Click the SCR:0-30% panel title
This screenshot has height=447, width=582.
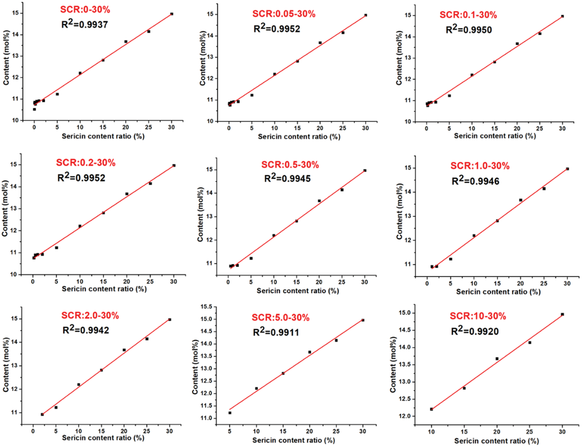click(85, 10)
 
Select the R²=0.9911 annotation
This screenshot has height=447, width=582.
click(276, 332)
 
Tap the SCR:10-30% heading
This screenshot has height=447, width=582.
click(477, 316)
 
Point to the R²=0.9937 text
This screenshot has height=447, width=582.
click(84, 24)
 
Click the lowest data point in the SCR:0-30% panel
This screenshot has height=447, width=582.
click(35, 109)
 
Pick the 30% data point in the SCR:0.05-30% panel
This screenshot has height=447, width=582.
click(365, 15)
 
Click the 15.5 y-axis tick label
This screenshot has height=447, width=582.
click(206, 307)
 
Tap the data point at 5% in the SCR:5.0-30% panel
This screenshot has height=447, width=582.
click(230, 413)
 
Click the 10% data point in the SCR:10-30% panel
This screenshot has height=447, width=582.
click(432, 409)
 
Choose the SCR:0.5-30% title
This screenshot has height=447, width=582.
click(290, 165)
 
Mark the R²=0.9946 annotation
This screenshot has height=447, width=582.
click(475, 181)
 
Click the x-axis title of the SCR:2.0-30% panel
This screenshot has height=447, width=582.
click(103, 438)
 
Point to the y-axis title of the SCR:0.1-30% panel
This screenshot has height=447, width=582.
click(399, 58)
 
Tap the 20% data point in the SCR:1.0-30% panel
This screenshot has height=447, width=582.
click(520, 200)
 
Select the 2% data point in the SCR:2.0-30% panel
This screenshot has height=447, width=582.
click(42, 415)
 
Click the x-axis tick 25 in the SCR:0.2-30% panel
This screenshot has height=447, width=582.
click(150, 282)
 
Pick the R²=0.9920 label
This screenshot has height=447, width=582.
click(474, 331)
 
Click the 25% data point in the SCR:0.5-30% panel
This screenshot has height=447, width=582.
click(342, 190)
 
